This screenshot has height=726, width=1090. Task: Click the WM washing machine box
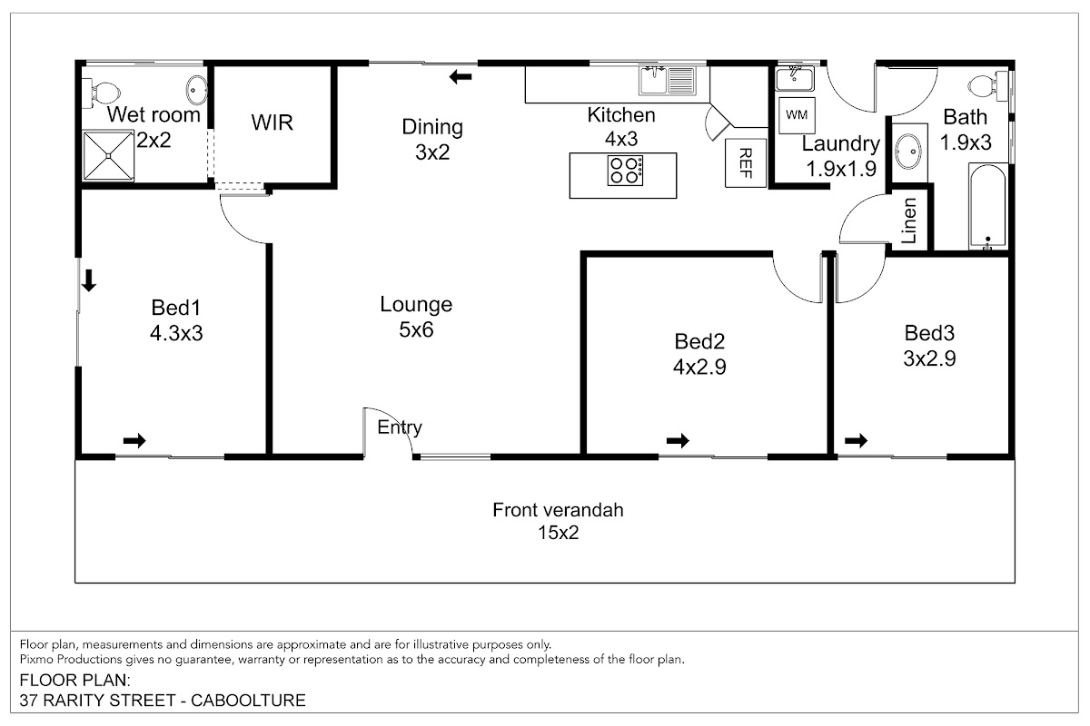coord(797,116)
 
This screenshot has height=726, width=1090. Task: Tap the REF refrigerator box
coord(746,163)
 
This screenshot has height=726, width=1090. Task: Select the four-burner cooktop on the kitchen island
coord(625,171)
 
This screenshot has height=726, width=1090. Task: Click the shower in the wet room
coord(108,155)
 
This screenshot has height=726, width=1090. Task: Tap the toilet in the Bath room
coord(988,86)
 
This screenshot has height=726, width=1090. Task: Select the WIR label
coord(272,123)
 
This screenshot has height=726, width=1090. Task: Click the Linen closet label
coord(909,221)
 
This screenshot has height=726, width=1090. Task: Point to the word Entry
coord(400,427)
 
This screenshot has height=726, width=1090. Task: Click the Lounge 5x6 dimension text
coord(416,330)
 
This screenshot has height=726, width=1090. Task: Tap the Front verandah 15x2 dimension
coord(558,533)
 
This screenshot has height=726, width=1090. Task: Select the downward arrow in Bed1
coord(89,281)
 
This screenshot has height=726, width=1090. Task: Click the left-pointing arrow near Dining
coord(461,77)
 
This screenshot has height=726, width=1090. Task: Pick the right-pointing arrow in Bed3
coord(856,441)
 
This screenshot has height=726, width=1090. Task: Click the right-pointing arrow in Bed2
coord(678,441)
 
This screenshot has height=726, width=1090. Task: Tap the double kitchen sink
coord(667,81)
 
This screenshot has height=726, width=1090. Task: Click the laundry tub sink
coord(794,79)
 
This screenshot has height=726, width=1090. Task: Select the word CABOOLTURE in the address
coord(248,701)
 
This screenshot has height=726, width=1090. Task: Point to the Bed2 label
coord(699,342)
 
